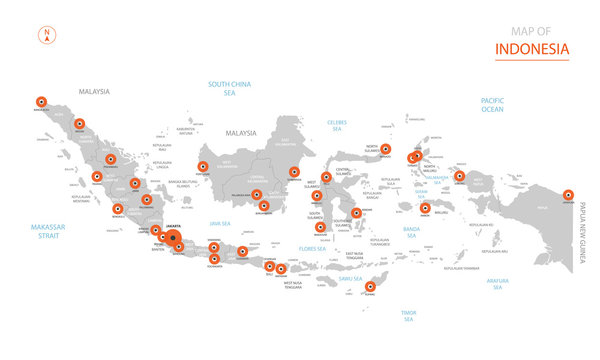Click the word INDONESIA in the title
point(532,48)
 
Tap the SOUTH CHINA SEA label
point(228,88)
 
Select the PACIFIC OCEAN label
point(492,106)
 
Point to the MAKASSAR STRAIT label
point(47,232)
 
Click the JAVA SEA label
point(221,223)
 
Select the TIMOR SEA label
point(407,316)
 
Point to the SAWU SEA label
point(350,278)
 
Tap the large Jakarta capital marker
point(172,237)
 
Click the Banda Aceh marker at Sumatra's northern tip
point(41,101)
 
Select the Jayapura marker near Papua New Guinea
point(568,195)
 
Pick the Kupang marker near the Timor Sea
point(371,287)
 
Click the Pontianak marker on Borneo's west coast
point(203,168)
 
